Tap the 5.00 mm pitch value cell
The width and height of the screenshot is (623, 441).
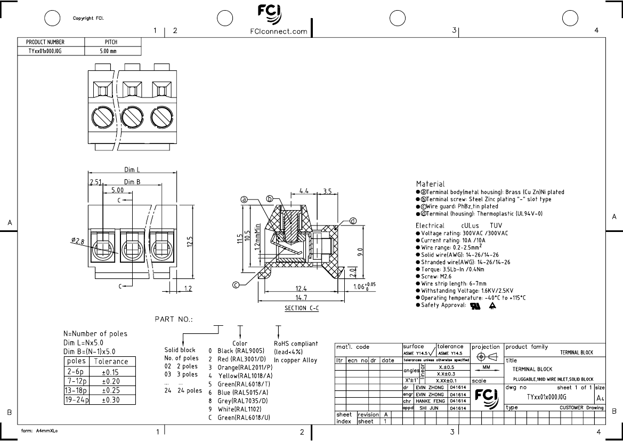click(108, 52)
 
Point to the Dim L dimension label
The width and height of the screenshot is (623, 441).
click(133, 170)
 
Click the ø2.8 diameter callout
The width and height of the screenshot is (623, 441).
click(78, 242)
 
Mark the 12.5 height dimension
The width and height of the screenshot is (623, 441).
click(190, 243)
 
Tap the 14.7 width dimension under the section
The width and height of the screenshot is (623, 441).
click(302, 297)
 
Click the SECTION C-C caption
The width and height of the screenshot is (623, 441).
click(302, 309)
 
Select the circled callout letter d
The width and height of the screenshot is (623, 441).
click(353, 221)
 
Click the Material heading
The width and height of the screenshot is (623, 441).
click(430, 184)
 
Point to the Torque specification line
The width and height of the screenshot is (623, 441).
click(457, 269)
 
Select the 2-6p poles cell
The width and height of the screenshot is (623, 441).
click(76, 371)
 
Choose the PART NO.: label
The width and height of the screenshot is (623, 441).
click(174, 319)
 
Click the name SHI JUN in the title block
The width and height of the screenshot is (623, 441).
click(428, 408)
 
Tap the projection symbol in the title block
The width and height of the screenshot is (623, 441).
click(486, 357)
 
